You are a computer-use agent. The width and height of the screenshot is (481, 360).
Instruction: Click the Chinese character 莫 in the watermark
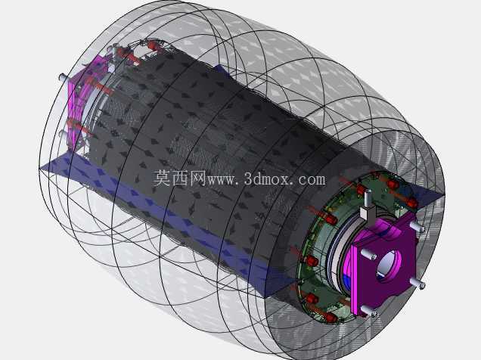[x=162, y=178]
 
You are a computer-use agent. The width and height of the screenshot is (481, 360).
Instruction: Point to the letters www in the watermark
[x=219, y=180]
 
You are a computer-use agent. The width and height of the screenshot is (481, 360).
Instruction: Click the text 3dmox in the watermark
[x=266, y=178]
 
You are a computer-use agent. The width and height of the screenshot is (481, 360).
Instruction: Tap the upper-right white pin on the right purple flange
[x=417, y=227]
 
